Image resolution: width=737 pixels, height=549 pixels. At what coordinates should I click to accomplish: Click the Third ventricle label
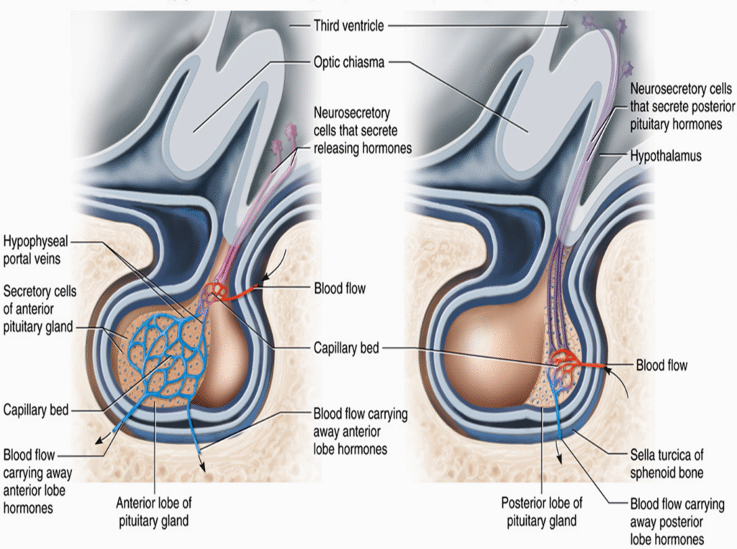(348, 26)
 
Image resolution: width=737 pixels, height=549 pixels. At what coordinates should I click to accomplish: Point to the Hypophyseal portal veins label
(36, 248)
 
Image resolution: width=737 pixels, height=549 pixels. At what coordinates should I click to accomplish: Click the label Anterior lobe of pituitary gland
(153, 511)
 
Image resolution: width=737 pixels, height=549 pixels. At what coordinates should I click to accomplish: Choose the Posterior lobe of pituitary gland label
(542, 511)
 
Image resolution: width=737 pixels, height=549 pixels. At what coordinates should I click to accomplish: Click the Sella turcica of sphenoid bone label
(666, 463)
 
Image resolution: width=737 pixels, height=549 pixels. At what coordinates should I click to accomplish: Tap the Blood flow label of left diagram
(340, 289)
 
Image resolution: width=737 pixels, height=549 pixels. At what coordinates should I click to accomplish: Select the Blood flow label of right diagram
(661, 366)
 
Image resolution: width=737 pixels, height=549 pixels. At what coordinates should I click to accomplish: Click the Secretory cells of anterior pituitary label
(40, 309)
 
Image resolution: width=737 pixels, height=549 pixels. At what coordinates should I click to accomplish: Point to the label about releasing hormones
(363, 131)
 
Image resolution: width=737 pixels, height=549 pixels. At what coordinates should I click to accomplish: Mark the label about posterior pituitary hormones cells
(682, 106)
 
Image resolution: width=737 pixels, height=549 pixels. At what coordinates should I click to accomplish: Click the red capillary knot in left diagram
(215, 291)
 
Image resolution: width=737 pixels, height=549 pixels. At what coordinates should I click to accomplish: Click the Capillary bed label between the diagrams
(346, 348)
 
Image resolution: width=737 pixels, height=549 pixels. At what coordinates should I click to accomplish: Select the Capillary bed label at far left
(36, 410)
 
